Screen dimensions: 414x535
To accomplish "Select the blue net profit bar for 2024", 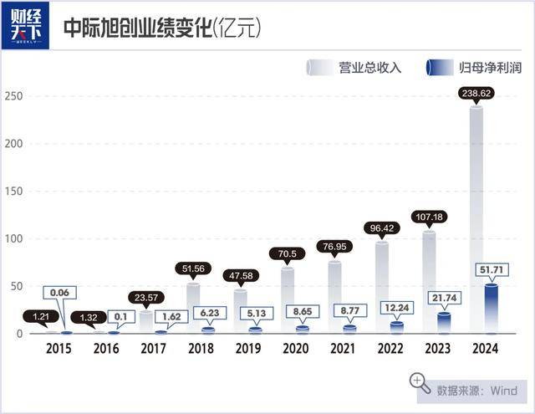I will (x=492, y=309).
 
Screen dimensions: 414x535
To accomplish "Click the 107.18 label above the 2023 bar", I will (x=429, y=217).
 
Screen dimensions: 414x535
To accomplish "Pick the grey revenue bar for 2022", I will (x=382, y=288).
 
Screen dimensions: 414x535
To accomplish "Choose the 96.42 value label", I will (x=382, y=227).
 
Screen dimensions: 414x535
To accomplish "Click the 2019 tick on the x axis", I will (x=248, y=349).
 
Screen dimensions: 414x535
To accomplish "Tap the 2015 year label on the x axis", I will (x=59, y=349).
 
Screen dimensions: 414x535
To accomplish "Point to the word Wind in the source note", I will (x=503, y=390).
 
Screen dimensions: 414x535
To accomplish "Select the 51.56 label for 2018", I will (x=194, y=268).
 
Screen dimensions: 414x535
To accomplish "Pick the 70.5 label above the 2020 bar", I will (x=288, y=253).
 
